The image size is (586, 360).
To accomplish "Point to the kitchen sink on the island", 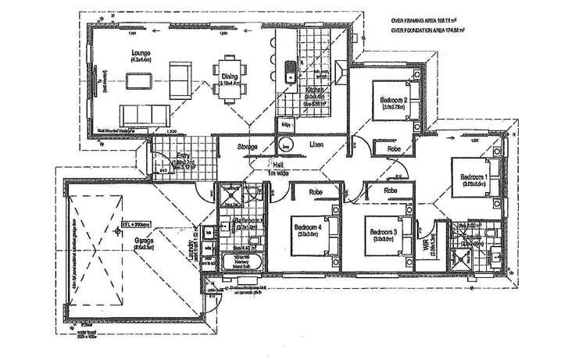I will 288,73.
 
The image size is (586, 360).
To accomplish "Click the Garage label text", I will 142,241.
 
